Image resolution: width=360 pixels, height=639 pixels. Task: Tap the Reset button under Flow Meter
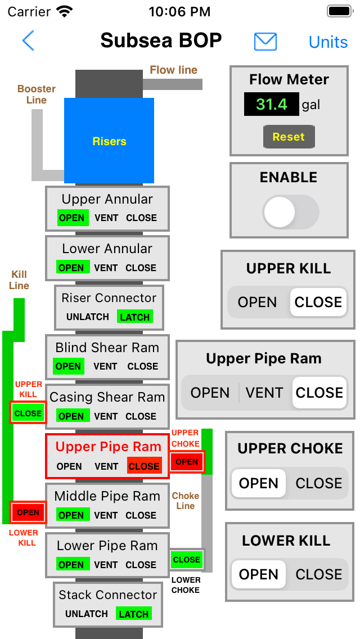[289, 137]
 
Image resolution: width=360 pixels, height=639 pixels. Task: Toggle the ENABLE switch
[291, 212]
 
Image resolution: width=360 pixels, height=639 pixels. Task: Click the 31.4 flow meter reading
[271, 104]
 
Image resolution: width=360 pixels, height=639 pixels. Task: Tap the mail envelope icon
[265, 41]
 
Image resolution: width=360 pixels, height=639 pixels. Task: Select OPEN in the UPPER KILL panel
[257, 302]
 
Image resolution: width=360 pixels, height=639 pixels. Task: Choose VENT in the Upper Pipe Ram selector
[264, 393]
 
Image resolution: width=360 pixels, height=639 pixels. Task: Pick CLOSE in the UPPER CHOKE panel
[319, 483]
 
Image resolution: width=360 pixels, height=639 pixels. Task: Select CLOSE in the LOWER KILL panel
[319, 574]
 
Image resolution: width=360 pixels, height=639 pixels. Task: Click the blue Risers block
[109, 141]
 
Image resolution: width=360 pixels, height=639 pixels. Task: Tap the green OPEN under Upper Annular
[71, 218]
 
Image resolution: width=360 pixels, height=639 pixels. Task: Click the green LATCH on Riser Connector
[135, 317]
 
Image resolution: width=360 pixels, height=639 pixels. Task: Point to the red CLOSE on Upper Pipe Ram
[144, 466]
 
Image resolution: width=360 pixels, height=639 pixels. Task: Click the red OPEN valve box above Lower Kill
[28, 512]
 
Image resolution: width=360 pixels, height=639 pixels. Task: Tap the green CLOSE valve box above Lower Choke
[186, 560]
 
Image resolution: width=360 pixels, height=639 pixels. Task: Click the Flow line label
[173, 70]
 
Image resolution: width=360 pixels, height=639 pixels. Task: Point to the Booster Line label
[36, 94]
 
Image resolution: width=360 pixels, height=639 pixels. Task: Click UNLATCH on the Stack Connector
[87, 614]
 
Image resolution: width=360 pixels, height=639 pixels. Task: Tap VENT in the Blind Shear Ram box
[106, 367]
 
